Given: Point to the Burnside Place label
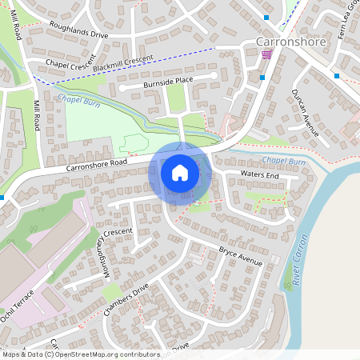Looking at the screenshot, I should coord(163,80).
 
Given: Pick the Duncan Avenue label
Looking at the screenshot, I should coord(306,113).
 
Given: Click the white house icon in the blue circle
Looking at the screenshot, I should coord(180,172).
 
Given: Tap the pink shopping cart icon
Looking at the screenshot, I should coord(266,54).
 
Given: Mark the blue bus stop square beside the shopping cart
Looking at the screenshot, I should coord(262,77).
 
